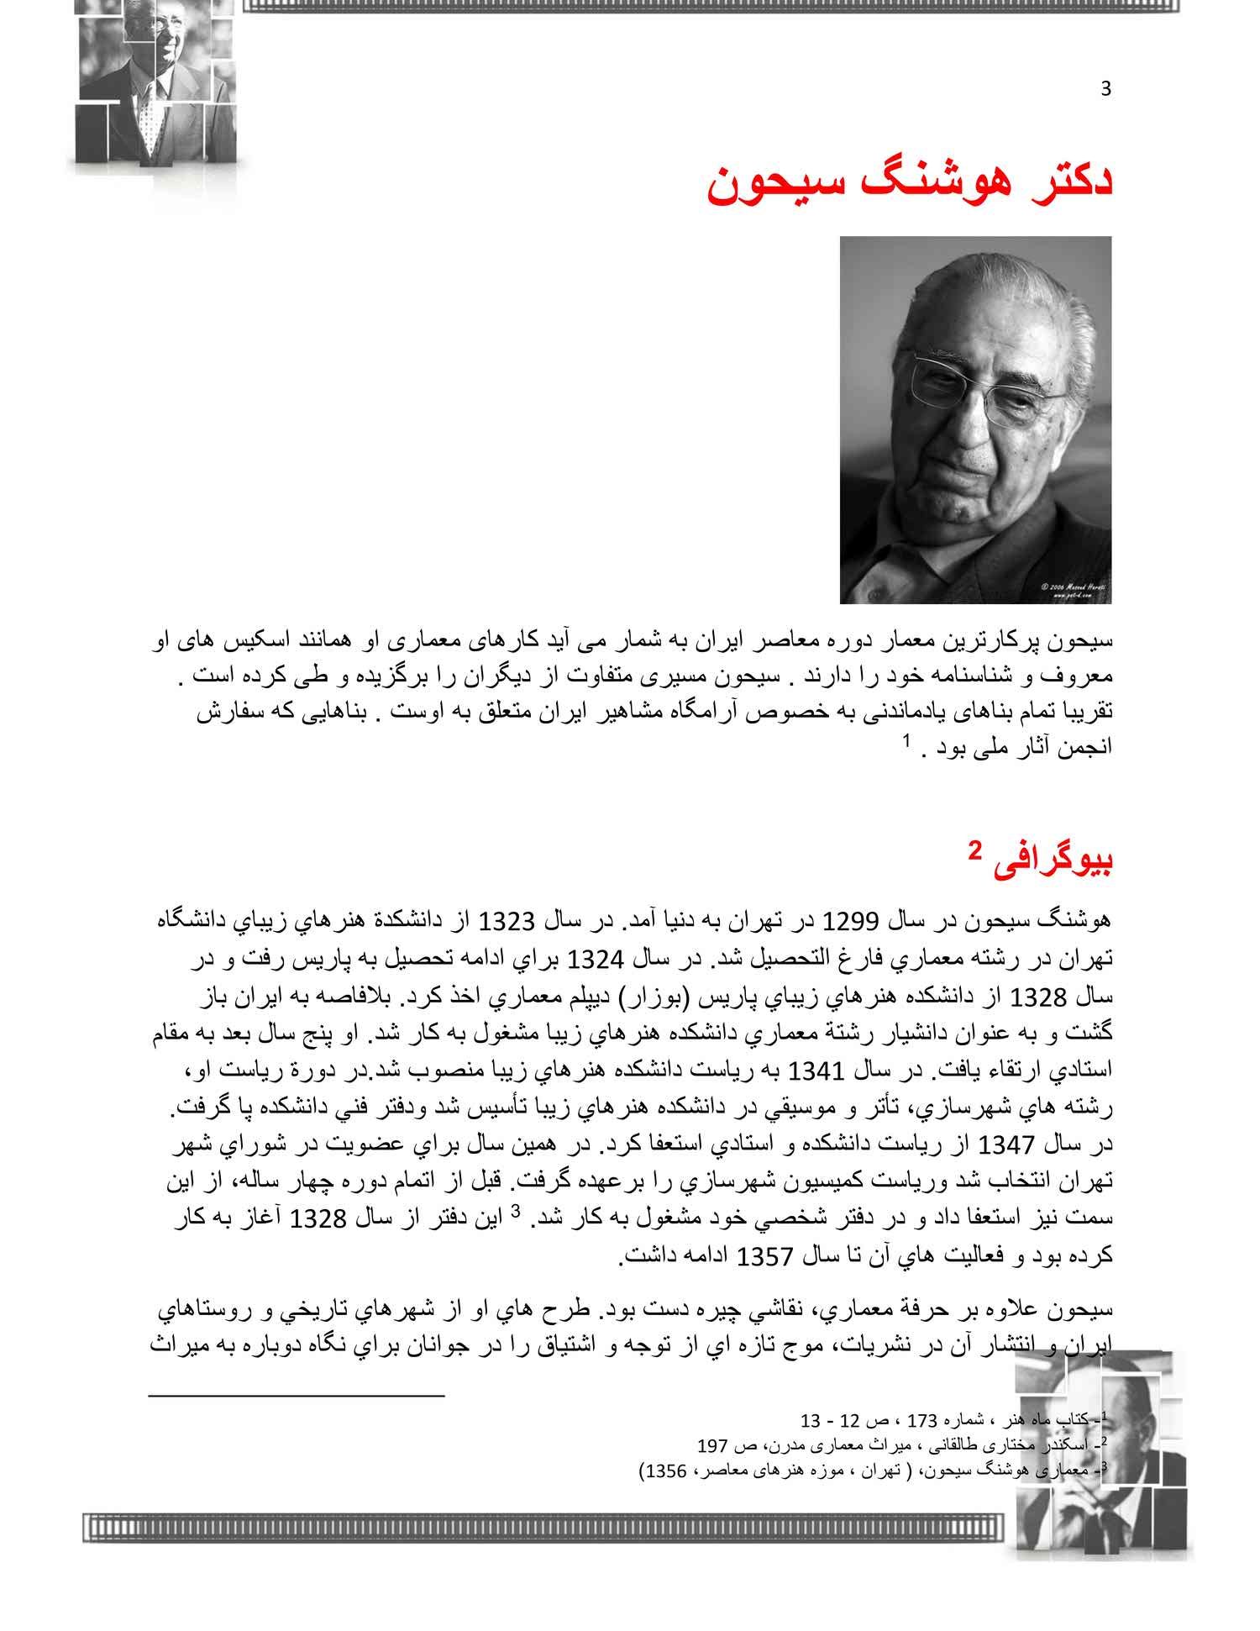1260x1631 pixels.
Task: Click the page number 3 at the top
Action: [1105, 89]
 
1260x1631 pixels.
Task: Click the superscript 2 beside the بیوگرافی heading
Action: [974, 850]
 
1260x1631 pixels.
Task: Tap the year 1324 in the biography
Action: [596, 959]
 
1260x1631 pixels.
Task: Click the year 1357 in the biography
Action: [764, 1257]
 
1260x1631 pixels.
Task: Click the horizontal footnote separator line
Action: [296, 1396]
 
